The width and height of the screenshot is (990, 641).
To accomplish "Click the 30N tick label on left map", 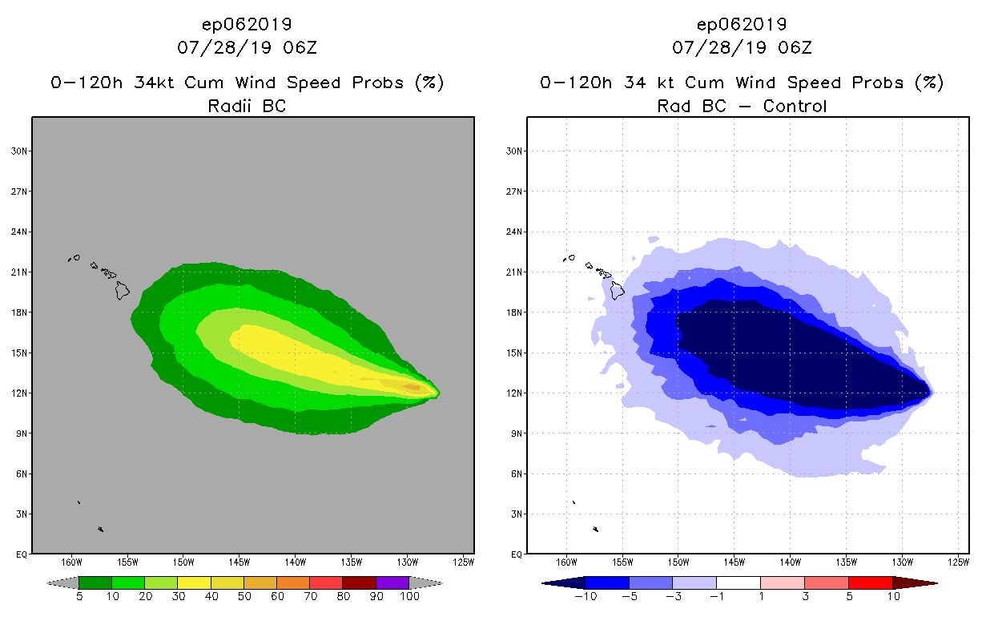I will (x=20, y=151).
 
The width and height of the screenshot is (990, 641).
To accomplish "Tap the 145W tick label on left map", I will (x=239, y=560).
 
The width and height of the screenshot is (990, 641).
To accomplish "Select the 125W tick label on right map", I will (x=959, y=560).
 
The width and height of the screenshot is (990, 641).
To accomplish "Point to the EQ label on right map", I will (x=517, y=554).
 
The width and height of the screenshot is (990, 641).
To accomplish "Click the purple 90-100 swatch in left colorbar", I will (x=392, y=583).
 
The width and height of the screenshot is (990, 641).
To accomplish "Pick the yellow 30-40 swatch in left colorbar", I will (x=194, y=583).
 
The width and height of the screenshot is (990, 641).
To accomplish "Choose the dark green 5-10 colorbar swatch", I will (x=95, y=583).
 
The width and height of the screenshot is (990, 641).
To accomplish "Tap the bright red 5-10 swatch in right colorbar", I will (x=870, y=583).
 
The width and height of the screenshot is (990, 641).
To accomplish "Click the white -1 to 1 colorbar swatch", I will (x=738, y=583).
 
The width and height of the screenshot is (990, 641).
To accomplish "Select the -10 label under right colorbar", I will (x=584, y=597).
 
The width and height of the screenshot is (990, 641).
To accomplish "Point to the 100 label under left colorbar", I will (x=409, y=597).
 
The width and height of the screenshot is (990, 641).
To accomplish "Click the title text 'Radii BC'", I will (x=247, y=105).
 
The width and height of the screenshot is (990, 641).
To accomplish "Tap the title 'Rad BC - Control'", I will (x=742, y=105).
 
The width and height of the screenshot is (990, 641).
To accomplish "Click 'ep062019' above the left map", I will (x=247, y=24).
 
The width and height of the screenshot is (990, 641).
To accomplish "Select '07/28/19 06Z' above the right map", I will (x=742, y=47).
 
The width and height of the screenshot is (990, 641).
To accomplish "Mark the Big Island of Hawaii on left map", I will (x=122, y=290).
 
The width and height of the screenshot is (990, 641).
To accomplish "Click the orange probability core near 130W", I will (x=411, y=387).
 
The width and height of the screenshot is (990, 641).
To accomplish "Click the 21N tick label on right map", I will (x=515, y=272).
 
